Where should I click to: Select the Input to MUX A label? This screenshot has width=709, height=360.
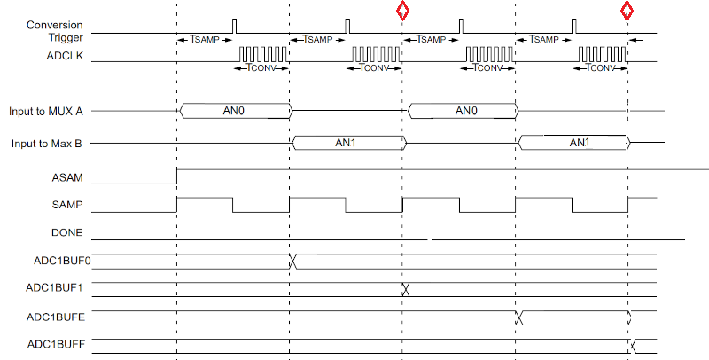click(46, 112)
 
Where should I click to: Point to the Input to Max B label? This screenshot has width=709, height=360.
click(47, 143)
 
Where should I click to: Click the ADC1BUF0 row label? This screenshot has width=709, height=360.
click(58, 261)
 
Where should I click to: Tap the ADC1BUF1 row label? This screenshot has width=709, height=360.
click(58, 288)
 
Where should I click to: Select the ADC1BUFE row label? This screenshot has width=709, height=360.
click(58, 317)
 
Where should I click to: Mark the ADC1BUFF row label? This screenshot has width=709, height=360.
click(58, 344)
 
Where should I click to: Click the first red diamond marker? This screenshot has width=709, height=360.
click(402, 11)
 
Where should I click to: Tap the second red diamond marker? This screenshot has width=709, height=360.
click(627, 11)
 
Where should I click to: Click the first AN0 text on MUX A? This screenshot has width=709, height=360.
click(235, 111)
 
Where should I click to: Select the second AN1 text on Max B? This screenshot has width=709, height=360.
click(578, 142)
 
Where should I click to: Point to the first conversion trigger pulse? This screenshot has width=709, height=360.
click(234, 26)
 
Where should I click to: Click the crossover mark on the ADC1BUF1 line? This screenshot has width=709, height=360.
click(405, 289)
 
